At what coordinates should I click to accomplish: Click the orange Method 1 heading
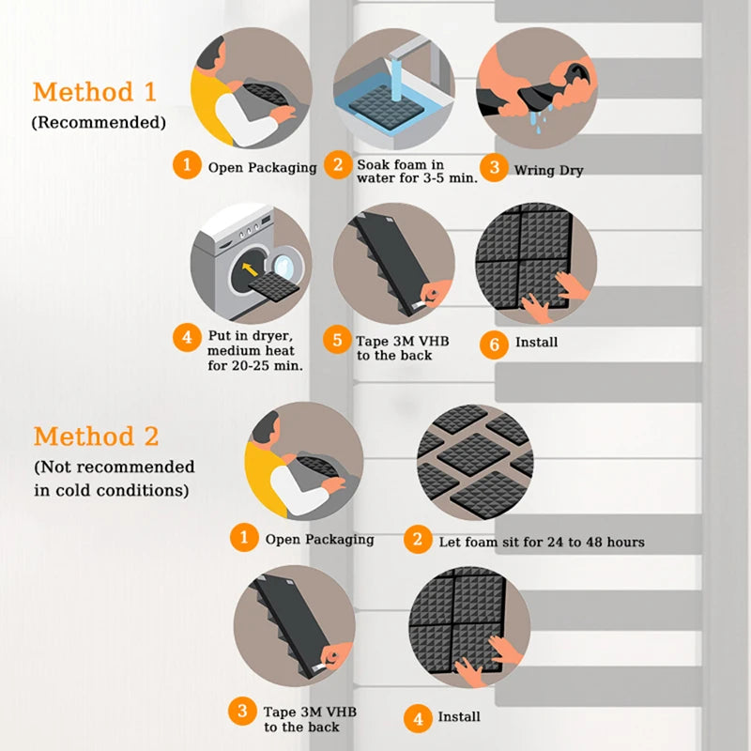[96, 92]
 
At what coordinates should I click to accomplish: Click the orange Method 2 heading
[96, 437]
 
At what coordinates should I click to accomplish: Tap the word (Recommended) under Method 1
[99, 122]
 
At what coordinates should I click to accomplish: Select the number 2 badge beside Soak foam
[337, 165]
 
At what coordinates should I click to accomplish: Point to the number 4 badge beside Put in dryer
[187, 335]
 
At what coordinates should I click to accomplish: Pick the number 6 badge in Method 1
[494, 343]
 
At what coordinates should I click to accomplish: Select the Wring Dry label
[548, 170]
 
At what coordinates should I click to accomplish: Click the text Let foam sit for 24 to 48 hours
[541, 542]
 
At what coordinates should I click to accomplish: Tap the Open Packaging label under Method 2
[319, 540]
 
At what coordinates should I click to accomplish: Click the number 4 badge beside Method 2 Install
[418, 717]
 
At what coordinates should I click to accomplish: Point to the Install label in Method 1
[536, 343]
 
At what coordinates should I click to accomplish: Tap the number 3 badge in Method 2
[244, 710]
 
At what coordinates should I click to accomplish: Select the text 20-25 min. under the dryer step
[255, 365]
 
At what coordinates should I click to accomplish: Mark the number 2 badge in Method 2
[418, 540]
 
